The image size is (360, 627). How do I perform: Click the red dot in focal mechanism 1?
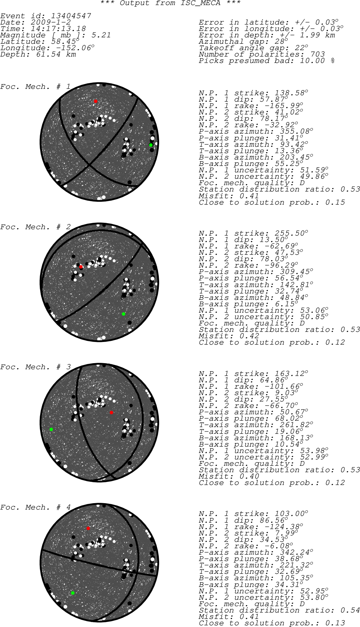[96, 101]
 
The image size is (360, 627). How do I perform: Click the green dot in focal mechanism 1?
[151, 145]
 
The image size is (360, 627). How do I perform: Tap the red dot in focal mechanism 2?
[81, 267]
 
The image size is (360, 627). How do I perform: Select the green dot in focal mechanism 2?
[123, 314]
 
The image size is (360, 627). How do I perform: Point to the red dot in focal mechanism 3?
[111, 413]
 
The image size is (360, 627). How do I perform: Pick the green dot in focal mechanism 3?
[51, 429]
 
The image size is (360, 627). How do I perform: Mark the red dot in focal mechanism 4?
[88, 528]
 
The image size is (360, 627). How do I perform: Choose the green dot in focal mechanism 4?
[73, 593]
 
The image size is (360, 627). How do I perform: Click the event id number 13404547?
[71, 16]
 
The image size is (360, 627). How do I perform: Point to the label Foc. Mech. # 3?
[35, 367]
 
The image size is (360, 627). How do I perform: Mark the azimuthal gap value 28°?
[280, 41]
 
